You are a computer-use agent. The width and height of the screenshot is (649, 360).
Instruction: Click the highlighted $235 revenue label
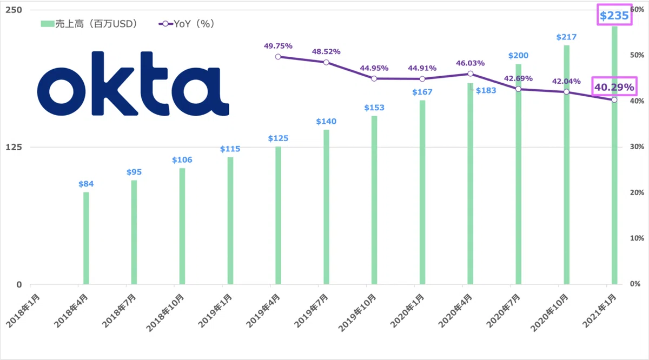tap(614, 15)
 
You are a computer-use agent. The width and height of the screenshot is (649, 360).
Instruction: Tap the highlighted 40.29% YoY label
tap(614, 87)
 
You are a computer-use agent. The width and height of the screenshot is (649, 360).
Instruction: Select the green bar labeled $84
tap(86, 238)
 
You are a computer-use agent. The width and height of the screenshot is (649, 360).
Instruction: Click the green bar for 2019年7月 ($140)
tap(326, 207)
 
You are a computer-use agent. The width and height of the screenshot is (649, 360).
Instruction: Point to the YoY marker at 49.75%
tap(278, 57)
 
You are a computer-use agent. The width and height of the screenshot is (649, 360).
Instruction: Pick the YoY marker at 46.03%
tap(470, 74)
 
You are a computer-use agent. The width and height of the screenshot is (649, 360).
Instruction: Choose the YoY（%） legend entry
tap(186, 24)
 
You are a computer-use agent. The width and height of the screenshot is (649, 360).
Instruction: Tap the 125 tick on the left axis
tap(14, 147)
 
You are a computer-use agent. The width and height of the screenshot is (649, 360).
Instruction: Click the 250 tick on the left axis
tap(14, 10)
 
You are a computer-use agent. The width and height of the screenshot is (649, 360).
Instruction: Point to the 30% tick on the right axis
tap(637, 146)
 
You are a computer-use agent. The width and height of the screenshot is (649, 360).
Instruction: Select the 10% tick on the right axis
tap(637, 238)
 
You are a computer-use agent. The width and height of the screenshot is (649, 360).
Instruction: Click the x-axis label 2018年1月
tap(23, 311)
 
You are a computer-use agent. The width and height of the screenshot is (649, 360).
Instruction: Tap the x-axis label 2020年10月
tap(549, 312)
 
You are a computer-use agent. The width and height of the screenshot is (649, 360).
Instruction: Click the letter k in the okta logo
tap(115, 83)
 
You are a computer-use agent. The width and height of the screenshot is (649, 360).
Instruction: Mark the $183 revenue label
tap(486, 90)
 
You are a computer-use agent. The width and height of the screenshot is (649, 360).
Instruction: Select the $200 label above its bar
tap(518, 55)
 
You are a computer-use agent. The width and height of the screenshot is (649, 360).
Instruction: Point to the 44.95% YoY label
tap(374, 68)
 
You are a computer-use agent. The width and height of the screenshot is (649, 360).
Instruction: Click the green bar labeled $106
tap(182, 226)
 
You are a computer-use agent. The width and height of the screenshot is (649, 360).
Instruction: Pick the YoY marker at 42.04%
tap(566, 92)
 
